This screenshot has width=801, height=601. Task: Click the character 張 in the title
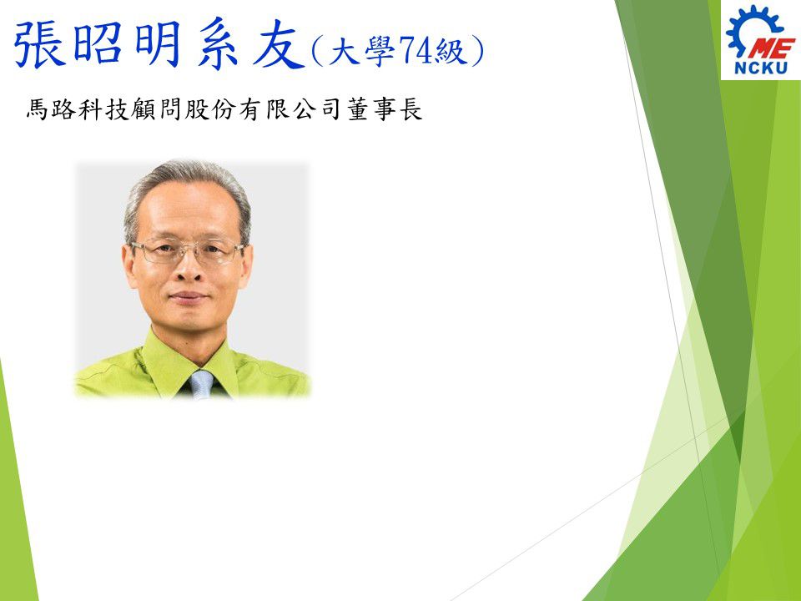pyautogui.click(x=40, y=43)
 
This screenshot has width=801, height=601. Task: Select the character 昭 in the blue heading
pyautogui.click(x=98, y=43)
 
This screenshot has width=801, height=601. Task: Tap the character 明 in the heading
pyautogui.click(x=158, y=43)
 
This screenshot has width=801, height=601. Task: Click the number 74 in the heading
pyautogui.click(x=416, y=51)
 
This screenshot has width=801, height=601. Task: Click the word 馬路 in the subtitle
pyautogui.click(x=51, y=109)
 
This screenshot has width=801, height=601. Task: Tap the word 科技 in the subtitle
pyautogui.click(x=104, y=109)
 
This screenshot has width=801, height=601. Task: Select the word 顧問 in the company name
pyautogui.click(x=158, y=109)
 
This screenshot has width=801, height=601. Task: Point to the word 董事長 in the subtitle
pyautogui.click(x=385, y=109)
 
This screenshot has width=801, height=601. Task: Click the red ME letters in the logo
pyautogui.click(x=770, y=49)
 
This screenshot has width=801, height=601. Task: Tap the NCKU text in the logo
pyautogui.click(x=761, y=68)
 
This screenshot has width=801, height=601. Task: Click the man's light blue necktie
pyautogui.click(x=201, y=384)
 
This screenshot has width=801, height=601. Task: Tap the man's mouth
pyautogui.click(x=188, y=297)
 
